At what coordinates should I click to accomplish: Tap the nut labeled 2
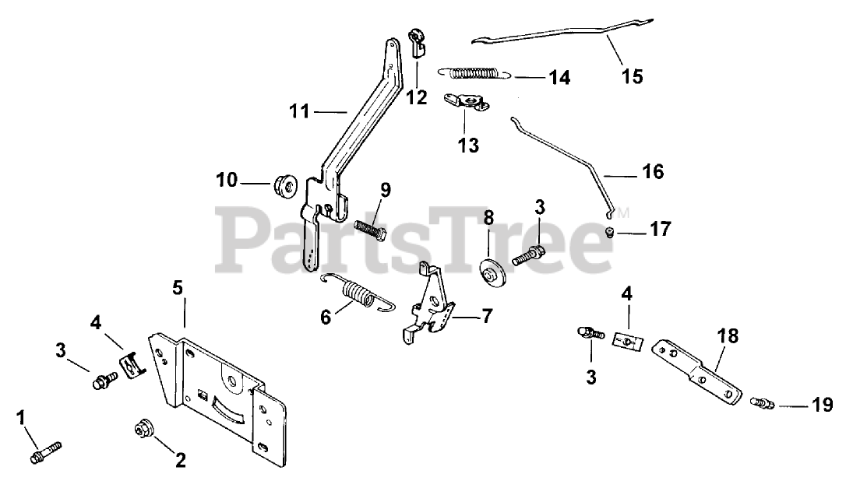click(x=143, y=429)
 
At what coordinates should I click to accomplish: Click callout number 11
click(x=299, y=112)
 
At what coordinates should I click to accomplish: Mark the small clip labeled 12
click(x=417, y=43)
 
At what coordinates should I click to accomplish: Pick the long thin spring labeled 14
click(x=475, y=74)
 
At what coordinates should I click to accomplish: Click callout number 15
click(x=632, y=76)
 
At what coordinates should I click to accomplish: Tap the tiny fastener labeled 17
click(x=611, y=230)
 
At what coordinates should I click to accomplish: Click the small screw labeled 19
click(x=761, y=404)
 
